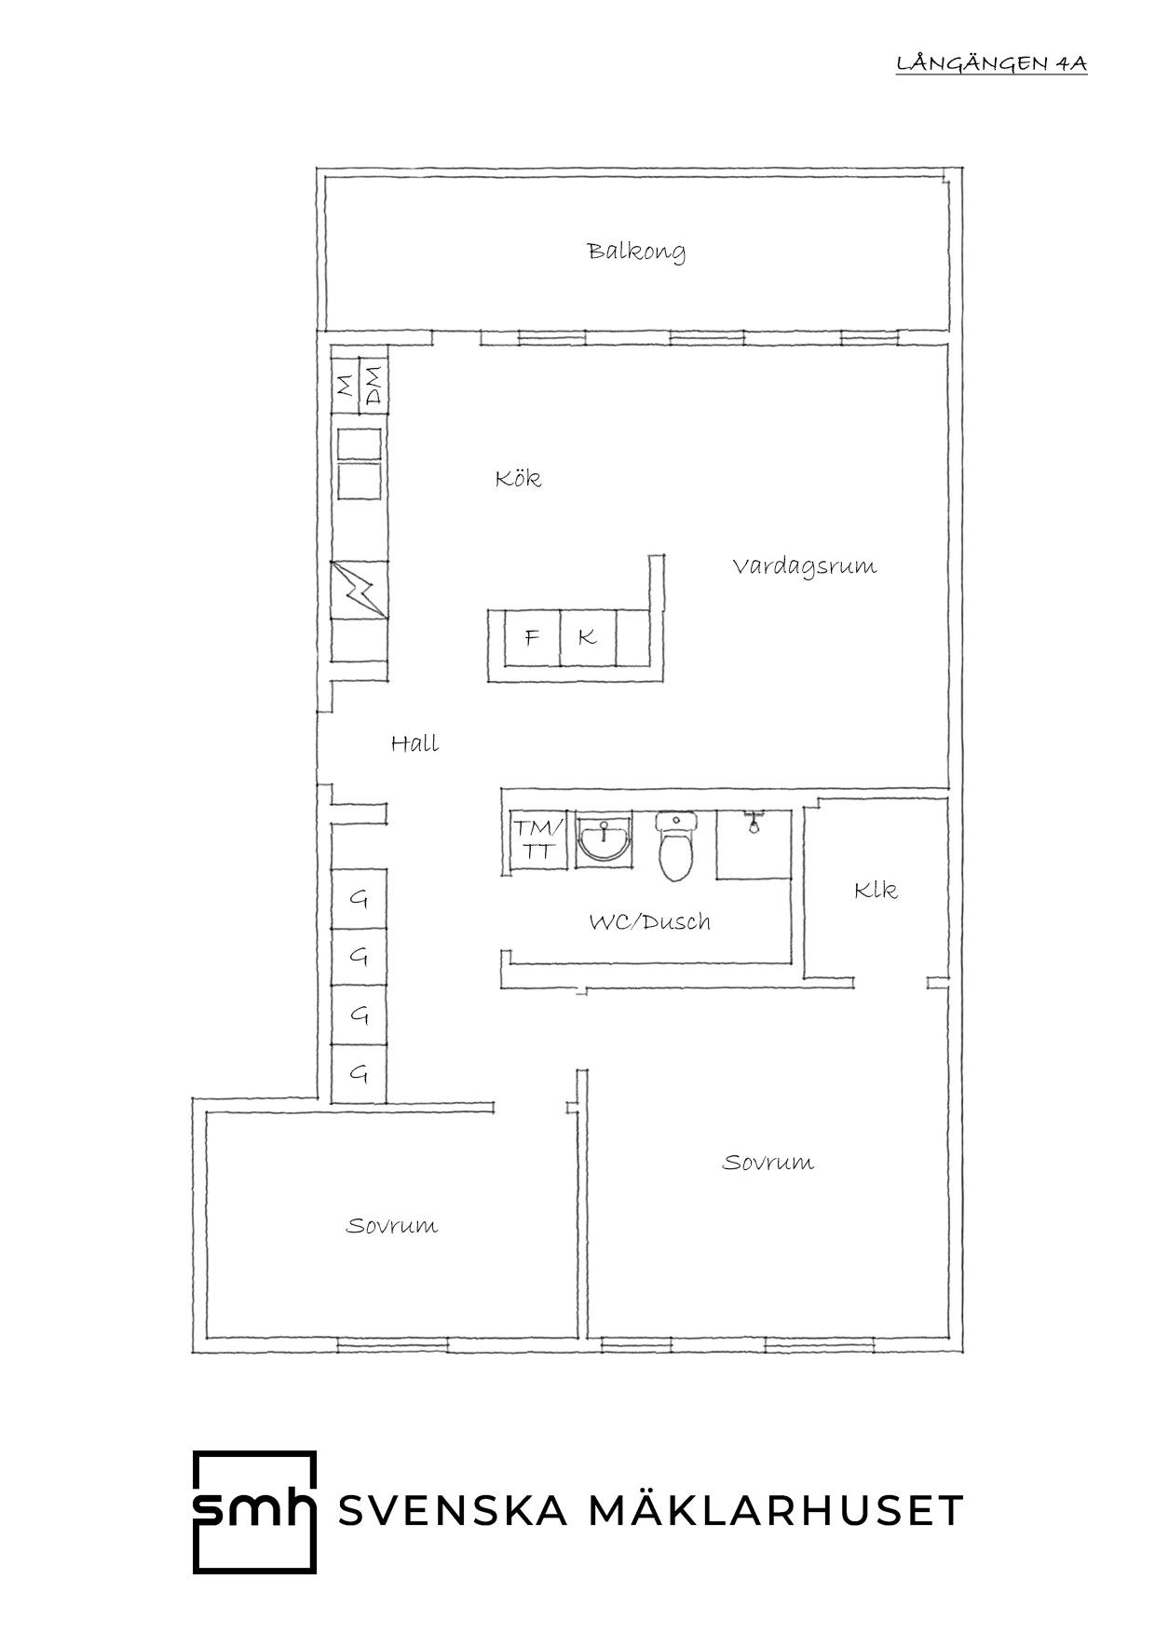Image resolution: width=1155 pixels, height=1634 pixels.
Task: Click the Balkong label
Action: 636,252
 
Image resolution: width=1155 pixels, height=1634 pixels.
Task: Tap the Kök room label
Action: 518,478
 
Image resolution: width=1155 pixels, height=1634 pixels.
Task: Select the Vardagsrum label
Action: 804,566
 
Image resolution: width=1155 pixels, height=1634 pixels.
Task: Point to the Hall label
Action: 414,743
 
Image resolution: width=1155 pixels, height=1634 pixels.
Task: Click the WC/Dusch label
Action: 649,922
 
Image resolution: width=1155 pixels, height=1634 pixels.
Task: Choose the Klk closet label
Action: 876,891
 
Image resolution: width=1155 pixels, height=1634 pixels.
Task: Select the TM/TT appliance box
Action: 538,839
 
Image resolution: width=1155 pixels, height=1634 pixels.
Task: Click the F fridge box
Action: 532,638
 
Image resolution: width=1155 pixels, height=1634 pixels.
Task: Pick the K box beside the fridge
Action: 587,638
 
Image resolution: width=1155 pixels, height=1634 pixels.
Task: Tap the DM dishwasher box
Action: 373,385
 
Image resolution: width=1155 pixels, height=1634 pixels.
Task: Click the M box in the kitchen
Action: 345,385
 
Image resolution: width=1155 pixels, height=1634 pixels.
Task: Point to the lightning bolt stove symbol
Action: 360,589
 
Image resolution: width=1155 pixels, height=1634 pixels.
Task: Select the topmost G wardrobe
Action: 360,900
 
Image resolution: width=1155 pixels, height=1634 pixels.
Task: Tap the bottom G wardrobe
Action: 360,1074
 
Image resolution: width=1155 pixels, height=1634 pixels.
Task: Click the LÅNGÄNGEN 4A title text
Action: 991,63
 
